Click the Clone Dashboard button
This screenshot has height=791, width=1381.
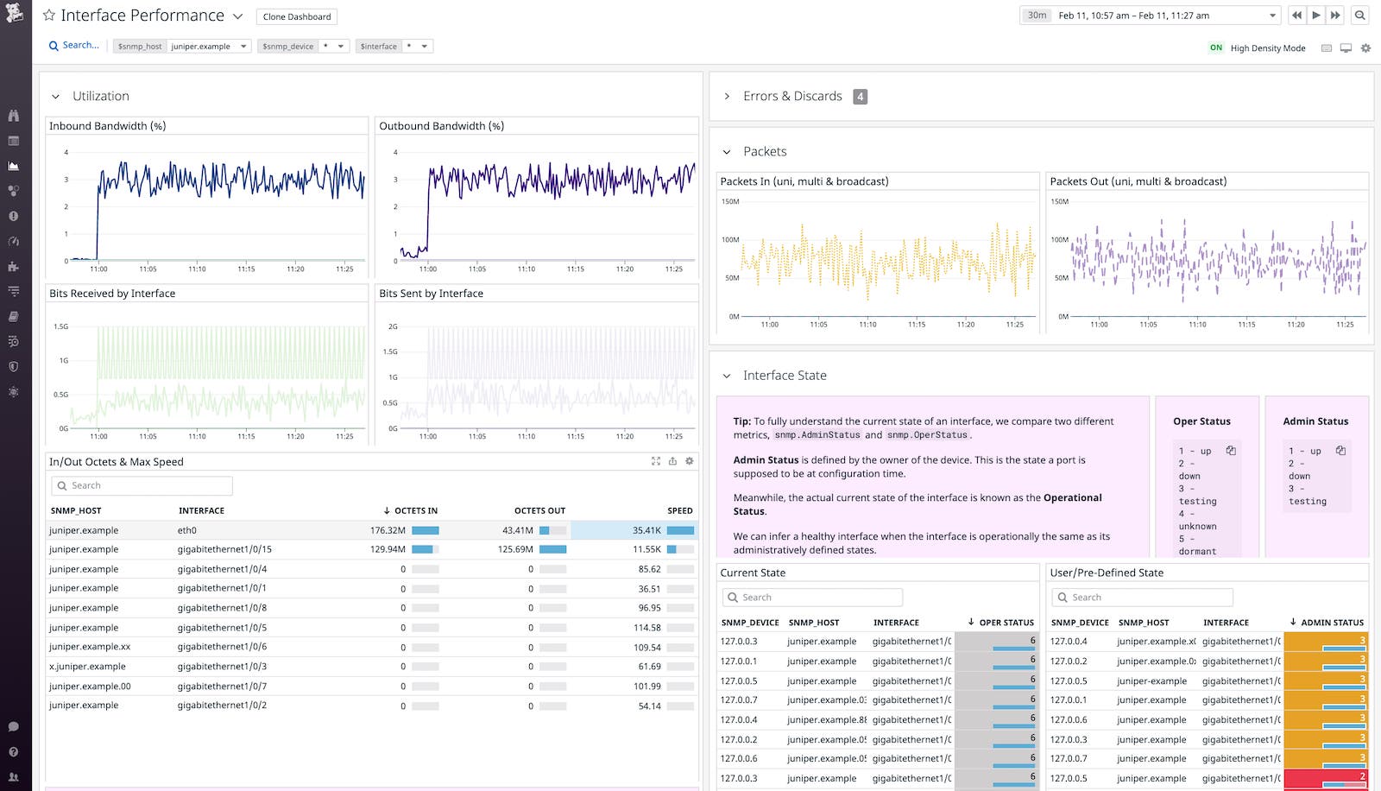pyautogui.click(x=297, y=16)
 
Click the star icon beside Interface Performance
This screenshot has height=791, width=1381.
pyautogui.click(x=49, y=16)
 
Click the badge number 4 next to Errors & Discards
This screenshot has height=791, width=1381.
pyautogui.click(x=860, y=97)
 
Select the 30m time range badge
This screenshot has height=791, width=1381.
pyautogui.click(x=1037, y=16)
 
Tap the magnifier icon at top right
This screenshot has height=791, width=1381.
pyautogui.click(x=1359, y=16)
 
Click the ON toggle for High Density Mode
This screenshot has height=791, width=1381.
pyautogui.click(x=1215, y=48)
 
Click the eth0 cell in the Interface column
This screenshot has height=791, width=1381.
pyautogui.click(x=187, y=530)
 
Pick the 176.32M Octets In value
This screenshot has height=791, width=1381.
pyautogui.click(x=388, y=530)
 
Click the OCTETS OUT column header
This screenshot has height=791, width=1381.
pyautogui.click(x=539, y=510)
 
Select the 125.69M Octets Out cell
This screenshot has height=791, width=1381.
pyautogui.click(x=515, y=549)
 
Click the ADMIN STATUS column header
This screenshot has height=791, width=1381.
pyautogui.click(x=1332, y=623)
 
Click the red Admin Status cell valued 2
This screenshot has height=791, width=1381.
pyautogui.click(x=1326, y=778)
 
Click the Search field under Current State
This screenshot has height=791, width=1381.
pyautogui.click(x=811, y=598)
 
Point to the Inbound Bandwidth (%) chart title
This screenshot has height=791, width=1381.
pyautogui.click(x=107, y=126)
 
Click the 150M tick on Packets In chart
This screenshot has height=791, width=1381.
pyautogui.click(x=730, y=201)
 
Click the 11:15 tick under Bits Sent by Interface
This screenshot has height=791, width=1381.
pyautogui.click(x=576, y=436)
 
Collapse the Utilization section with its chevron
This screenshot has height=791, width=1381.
pyautogui.click(x=55, y=97)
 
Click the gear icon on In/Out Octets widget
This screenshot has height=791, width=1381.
pyautogui.click(x=689, y=461)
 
